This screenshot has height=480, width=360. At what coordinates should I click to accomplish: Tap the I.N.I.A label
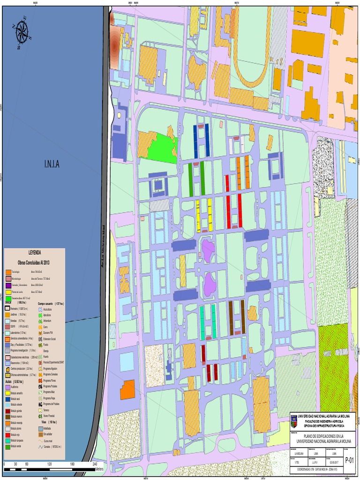pyautogui.click(x=52, y=164)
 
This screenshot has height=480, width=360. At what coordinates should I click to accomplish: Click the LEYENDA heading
pyautogui.click(x=35, y=252)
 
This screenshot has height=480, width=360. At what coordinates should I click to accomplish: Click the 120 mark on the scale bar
pyautogui.click(x=50, y=464)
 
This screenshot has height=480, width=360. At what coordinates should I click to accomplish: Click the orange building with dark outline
pyautogui.click(x=127, y=390)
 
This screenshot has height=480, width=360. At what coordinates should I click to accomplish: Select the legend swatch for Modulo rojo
pyautogui.click(x=7, y=435)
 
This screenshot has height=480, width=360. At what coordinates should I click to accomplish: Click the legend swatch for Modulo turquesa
pyautogui.click(x=7, y=441)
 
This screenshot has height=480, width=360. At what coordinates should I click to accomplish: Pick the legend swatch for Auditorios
pyautogui.click(x=7, y=387)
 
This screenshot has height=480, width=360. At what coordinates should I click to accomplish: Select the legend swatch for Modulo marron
pyautogui.click(x=7, y=417)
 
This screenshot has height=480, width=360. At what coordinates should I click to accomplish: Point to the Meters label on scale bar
pyautogui.click(x=99, y=469)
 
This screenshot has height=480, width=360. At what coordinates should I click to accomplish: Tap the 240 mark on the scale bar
pyautogui.click(x=95, y=464)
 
